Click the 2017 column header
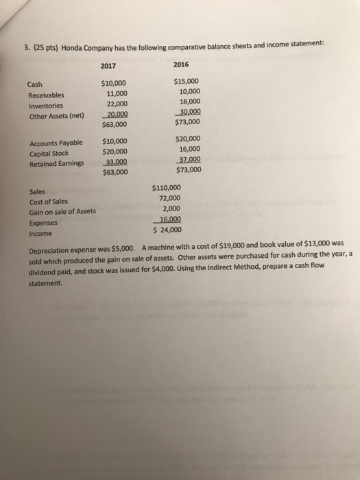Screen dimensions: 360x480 tap(108, 66)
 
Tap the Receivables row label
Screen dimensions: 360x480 tap(47, 95)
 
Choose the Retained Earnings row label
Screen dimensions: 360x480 tap(58, 163)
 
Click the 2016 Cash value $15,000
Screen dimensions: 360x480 tap(187, 80)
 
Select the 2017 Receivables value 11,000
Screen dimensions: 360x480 tap(117, 94)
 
